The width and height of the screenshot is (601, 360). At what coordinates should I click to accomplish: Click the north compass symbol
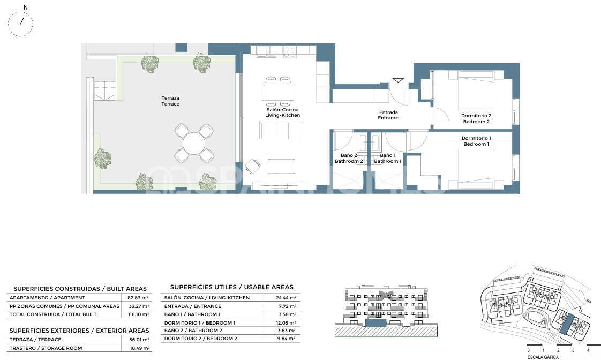20,23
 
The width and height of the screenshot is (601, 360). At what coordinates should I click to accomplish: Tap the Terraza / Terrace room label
170,101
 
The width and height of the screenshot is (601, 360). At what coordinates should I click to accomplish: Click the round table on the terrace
194,144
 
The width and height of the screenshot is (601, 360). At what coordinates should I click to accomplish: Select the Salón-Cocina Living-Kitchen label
282,112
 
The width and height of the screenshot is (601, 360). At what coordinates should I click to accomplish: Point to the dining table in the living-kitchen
278,91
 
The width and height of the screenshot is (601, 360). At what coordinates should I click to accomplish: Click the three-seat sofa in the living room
282,130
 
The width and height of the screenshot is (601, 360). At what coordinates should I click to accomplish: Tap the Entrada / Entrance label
388,115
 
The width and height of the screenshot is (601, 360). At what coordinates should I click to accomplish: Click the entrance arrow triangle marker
398,80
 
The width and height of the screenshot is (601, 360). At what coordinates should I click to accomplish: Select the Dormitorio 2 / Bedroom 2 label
476,118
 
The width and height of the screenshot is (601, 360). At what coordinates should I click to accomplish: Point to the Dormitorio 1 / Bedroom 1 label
476,141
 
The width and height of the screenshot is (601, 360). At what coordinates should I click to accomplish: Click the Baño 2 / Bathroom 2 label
349,159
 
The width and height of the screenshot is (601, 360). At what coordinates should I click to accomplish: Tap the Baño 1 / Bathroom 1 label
387,159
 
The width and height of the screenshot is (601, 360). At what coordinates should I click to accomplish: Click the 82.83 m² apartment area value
138,297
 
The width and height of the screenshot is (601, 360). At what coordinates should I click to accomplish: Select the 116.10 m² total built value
138,314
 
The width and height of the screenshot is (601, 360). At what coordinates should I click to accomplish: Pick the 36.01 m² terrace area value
139,340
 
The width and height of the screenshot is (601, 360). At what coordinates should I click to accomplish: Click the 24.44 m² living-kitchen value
286,297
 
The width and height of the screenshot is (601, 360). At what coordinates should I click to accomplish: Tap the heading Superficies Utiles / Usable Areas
231,287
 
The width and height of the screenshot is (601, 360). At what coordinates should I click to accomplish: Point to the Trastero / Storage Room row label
46,348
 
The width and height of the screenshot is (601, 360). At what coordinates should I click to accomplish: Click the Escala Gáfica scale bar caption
543,357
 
